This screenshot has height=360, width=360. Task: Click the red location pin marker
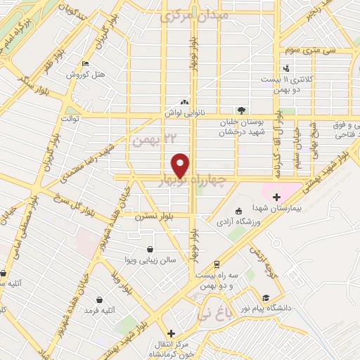181,165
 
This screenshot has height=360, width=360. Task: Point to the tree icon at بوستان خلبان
242,110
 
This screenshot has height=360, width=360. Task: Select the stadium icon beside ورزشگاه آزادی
238,210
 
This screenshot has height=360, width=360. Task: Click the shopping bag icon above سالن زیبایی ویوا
149,249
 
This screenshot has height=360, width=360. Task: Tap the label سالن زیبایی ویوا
162,259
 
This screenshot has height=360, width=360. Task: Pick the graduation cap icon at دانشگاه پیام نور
266,297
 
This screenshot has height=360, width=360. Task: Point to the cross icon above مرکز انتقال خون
170,333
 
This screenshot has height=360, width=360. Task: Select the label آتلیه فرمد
100,309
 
